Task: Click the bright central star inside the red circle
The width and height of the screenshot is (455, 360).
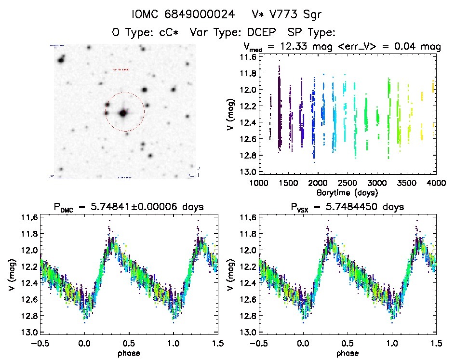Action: pyautogui.click(x=123, y=114)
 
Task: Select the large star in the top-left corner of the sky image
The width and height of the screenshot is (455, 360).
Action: pyautogui.click(x=61, y=60)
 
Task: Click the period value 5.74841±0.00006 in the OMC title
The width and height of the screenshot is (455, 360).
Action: pyautogui.click(x=144, y=207)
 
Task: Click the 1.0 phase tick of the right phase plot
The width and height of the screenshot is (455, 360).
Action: pyautogui.click(x=391, y=343)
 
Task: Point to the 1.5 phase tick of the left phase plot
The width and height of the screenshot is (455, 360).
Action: pyautogui.click(x=217, y=343)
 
